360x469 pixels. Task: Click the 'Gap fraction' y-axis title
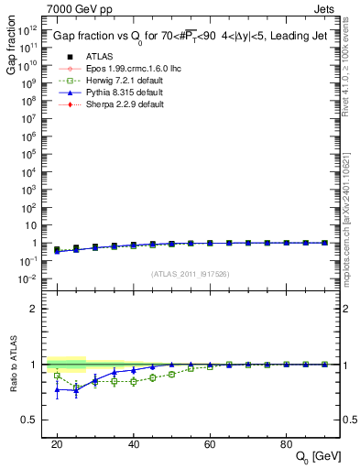tap(11, 49)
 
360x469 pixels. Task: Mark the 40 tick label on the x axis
tap(134, 442)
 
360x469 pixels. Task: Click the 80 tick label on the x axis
tap(287, 442)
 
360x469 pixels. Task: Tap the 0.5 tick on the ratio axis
tap(33, 420)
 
